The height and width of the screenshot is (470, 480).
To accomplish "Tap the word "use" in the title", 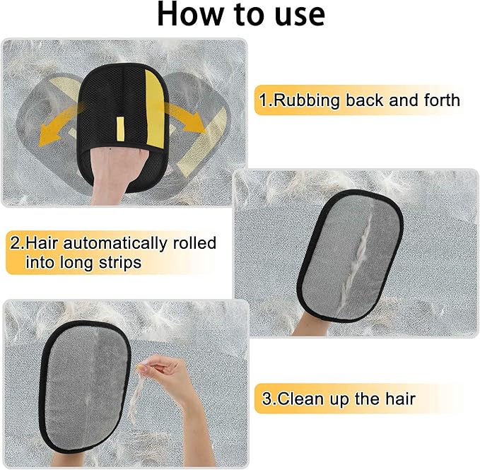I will pyautogui.click(x=296, y=15).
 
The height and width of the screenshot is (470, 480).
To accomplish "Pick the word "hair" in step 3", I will pyautogui.click(x=397, y=399).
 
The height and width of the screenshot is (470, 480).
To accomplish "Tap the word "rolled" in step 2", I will pyautogui.click(x=191, y=244).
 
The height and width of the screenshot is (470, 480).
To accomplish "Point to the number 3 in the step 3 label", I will pyautogui.click(x=267, y=399).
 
